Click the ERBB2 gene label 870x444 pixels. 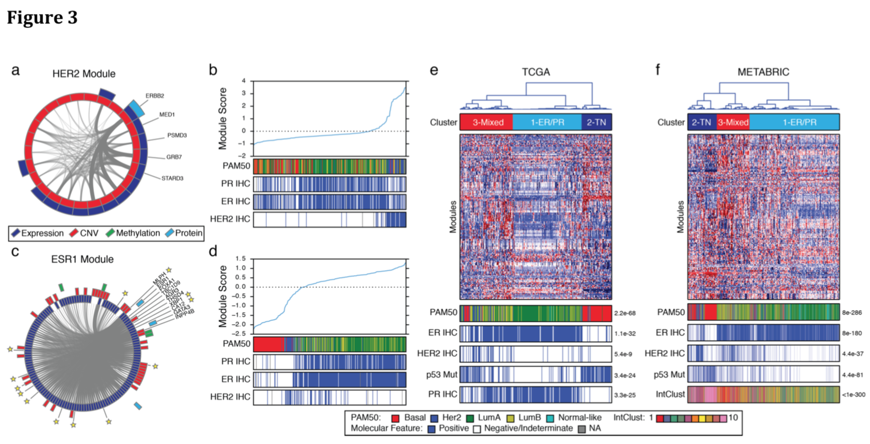point(155,96)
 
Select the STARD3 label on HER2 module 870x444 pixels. point(172,178)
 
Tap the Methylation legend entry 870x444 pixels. point(138,233)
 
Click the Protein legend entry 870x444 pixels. point(188,233)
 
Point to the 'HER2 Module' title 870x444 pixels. point(84,74)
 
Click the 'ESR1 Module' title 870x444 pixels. point(82,259)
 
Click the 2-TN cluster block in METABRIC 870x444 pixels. point(701,122)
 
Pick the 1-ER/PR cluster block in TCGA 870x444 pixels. point(547,122)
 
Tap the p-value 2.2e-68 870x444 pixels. point(625,313)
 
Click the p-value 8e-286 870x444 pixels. point(852,313)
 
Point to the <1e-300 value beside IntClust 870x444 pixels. point(853,395)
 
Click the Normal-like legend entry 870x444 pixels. point(579,418)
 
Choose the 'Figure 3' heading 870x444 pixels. point(42,18)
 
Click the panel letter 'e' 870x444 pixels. point(434,70)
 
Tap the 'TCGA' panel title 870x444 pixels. point(536,72)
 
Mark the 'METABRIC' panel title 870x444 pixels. point(763,72)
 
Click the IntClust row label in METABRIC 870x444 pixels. point(670,394)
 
